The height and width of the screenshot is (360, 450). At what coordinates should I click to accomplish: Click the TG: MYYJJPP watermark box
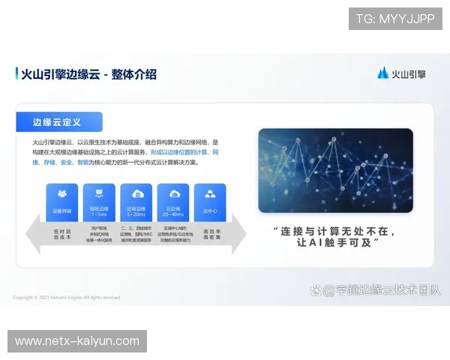[395, 18]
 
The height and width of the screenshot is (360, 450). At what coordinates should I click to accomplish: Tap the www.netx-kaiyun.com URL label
[77, 341]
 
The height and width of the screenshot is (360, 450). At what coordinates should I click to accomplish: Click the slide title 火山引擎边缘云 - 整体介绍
[89, 73]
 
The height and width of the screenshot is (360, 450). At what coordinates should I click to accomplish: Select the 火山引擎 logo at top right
[401, 73]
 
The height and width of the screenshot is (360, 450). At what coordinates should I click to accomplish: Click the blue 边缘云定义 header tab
[59, 121]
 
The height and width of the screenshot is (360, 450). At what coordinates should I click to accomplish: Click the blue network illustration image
[335, 170]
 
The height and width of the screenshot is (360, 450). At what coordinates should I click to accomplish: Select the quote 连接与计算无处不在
[334, 231]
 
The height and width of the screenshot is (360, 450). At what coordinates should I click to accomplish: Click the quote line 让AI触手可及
[334, 244]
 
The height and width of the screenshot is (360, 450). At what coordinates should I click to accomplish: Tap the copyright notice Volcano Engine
[67, 298]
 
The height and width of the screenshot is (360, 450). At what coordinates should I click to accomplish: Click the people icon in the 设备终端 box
[61, 194]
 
